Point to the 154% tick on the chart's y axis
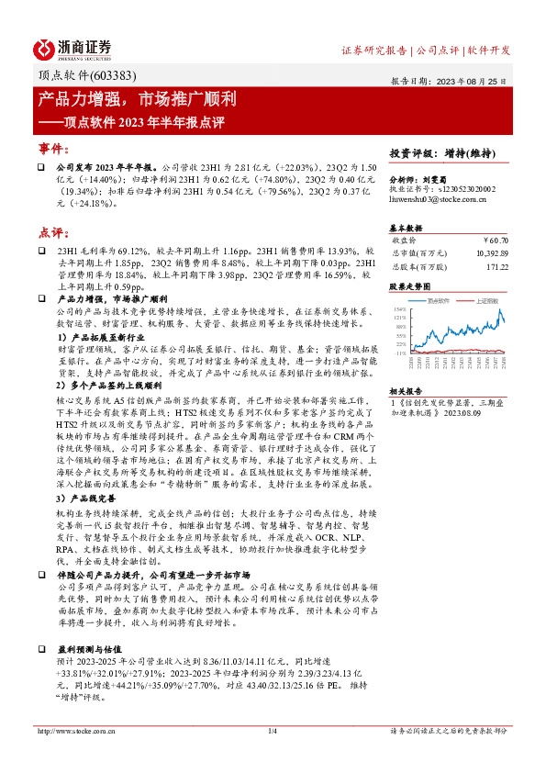click(x=399, y=309)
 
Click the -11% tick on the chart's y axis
click(x=399, y=352)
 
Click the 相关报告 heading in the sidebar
click(x=405, y=390)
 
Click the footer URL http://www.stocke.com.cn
click(x=76, y=731)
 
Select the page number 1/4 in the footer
click(x=272, y=731)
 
